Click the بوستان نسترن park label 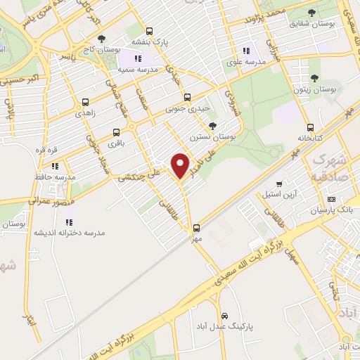click(x=212, y=138)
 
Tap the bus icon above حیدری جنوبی click(x=186, y=98)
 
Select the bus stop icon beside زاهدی click(x=85, y=102)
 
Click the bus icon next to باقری click(x=116, y=131)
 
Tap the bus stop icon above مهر click(x=196, y=227)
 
